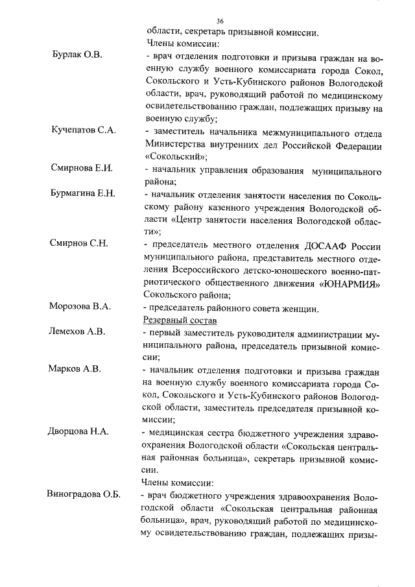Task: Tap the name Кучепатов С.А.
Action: [84, 131]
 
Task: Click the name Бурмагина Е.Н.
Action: [83, 193]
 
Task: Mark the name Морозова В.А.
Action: [80, 307]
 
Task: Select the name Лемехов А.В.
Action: [77, 331]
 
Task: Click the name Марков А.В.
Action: [75, 369]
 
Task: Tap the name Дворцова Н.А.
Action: [78, 431]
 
